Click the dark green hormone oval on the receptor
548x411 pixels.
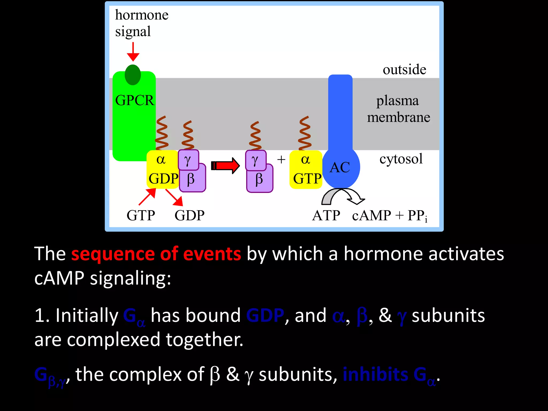click(133, 75)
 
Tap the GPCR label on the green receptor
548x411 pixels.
click(135, 101)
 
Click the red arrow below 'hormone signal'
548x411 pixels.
click(133, 52)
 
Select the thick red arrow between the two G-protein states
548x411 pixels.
click(225, 166)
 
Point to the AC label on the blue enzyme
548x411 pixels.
click(340, 168)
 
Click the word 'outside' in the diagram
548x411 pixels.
click(404, 70)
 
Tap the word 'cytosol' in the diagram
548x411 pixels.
click(401, 159)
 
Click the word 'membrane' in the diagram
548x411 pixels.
click(398, 117)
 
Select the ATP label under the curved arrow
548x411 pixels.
click(326, 216)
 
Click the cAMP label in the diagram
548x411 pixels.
click(371, 216)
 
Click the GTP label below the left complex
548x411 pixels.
click(141, 216)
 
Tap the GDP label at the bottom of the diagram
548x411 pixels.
click(189, 216)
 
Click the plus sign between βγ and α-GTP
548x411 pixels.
click(281, 160)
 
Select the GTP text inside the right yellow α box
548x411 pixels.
click(307, 179)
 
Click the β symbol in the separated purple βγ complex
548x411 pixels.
click(259, 179)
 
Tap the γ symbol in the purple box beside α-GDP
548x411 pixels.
click(188, 160)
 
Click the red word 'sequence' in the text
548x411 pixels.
click(112, 254)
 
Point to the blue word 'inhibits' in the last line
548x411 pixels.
click(375, 374)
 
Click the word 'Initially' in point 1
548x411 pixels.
click(87, 315)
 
